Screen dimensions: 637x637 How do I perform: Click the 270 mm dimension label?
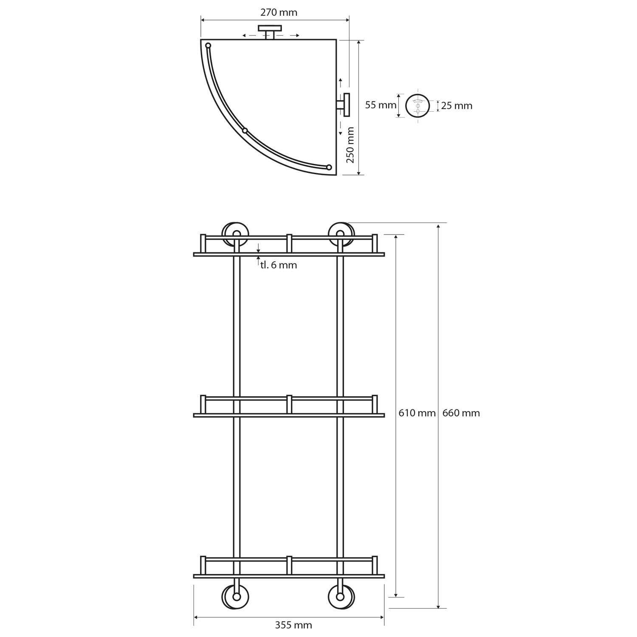(279, 12)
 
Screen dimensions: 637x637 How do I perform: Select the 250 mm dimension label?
(350, 145)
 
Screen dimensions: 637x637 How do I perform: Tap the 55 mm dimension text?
(381, 105)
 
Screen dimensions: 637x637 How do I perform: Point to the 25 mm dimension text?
(457, 106)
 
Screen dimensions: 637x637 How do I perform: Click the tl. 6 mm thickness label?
(279, 265)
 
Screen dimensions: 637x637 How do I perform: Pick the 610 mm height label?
(417, 413)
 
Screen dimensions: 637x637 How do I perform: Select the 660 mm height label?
(461, 413)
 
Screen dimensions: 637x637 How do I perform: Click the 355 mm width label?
(293, 625)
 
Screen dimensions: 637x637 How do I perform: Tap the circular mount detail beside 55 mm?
(418, 105)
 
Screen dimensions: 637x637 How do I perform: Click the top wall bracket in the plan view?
(270, 31)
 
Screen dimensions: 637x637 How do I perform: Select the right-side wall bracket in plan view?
(344, 104)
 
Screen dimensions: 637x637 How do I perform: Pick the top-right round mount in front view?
(341, 234)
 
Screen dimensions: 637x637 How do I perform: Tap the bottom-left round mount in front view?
(235, 597)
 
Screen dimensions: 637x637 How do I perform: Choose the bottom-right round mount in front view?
(341, 597)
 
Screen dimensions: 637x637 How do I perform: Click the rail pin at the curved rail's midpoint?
(245, 130)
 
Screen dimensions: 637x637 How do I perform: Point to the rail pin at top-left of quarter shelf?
(208, 45)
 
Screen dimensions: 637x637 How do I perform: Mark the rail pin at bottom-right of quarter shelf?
(329, 167)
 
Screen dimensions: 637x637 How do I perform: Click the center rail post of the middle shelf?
(289, 404)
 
